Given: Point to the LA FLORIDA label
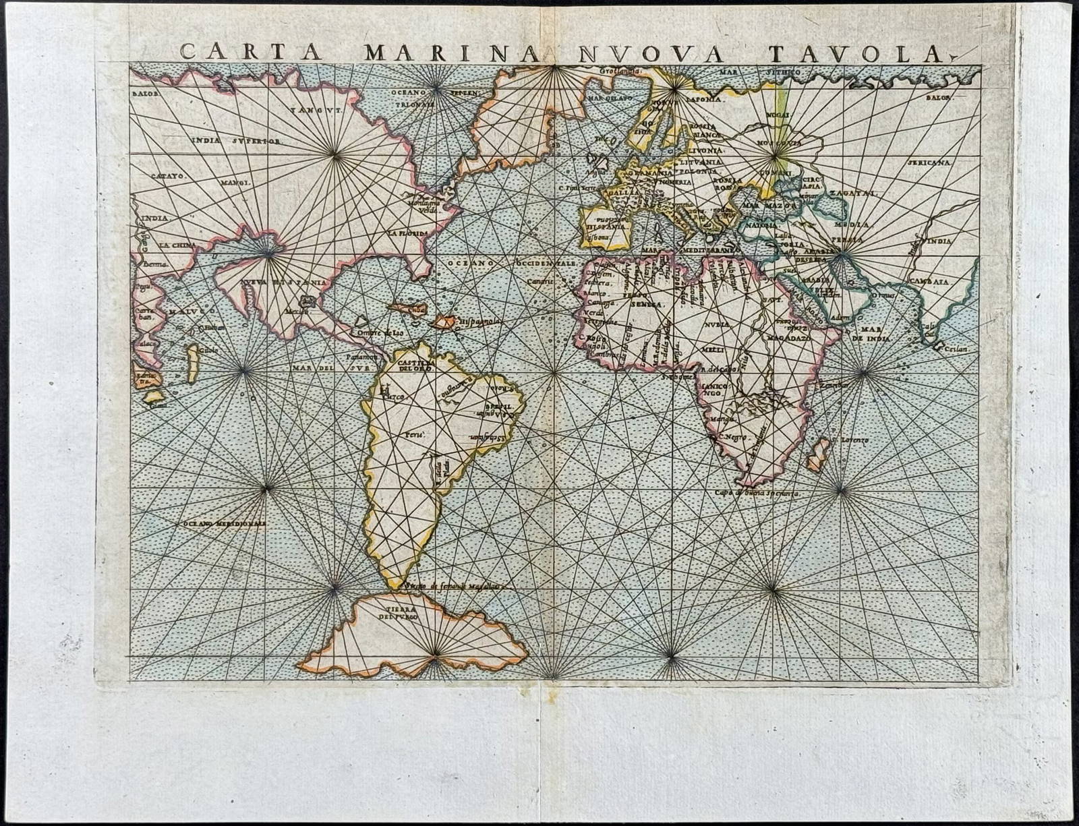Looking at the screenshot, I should coord(407,233).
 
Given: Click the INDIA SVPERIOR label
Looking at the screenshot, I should coord(235,142).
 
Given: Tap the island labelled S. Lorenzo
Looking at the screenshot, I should coord(818,453).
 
